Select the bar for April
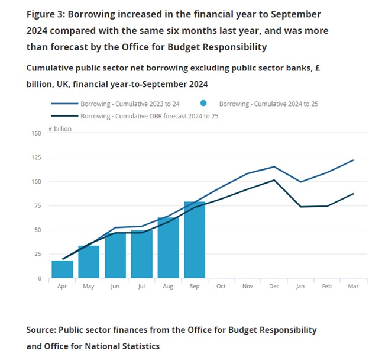click(x=63, y=269)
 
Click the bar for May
click(x=89, y=262)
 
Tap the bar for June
click(x=115, y=256)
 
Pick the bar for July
click(x=142, y=254)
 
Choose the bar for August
click(x=168, y=247)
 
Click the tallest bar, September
click(x=195, y=240)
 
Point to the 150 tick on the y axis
click(x=37, y=133)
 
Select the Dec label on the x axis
click(x=274, y=287)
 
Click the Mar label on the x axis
click(x=353, y=287)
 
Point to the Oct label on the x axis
click(x=221, y=287)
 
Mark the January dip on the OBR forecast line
click(x=300, y=207)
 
